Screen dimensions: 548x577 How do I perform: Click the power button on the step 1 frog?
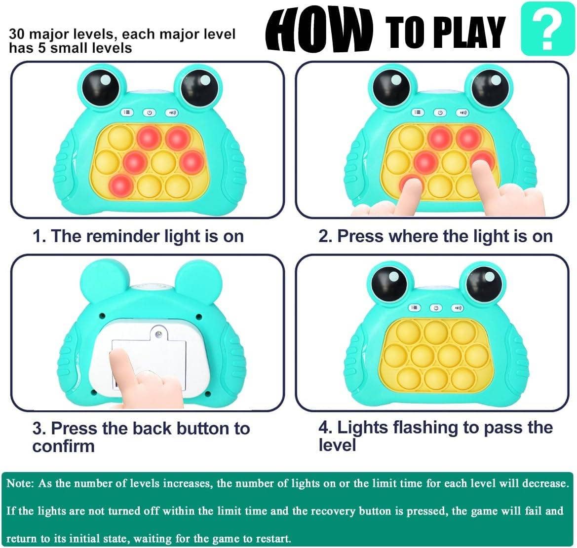click(x=149, y=113)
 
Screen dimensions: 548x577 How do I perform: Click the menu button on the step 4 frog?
click(x=414, y=308)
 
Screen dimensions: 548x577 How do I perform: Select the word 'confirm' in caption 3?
click(x=63, y=446)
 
